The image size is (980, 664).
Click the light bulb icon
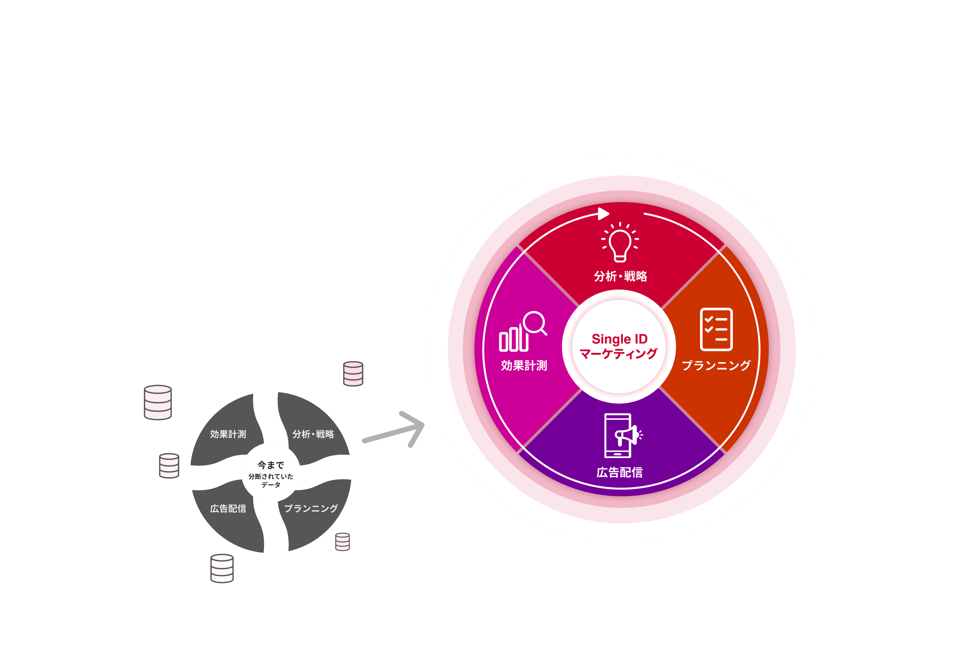pyautogui.click(x=619, y=242)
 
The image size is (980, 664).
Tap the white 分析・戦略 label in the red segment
pyautogui.click(x=620, y=277)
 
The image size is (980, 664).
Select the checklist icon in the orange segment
pyautogui.click(x=716, y=329)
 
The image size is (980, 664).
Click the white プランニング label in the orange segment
pyautogui.click(x=716, y=365)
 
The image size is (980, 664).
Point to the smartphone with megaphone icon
pyautogui.click(x=621, y=436)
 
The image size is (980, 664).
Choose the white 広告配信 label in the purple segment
pyautogui.click(x=619, y=472)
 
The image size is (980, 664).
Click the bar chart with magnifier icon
pyautogui.click(x=522, y=331)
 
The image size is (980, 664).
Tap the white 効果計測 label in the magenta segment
pyautogui.click(x=524, y=365)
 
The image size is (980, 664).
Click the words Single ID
pyautogui.click(x=619, y=339)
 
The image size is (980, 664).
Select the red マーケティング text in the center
pyautogui.click(x=619, y=353)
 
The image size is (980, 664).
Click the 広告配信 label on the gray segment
pyautogui.click(x=228, y=509)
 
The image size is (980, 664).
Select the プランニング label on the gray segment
pyautogui.click(x=311, y=509)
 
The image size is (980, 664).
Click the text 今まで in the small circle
pyautogui.click(x=271, y=465)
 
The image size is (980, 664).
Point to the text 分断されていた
pyautogui.click(x=271, y=476)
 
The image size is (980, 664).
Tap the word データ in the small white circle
pyautogui.click(x=271, y=485)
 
